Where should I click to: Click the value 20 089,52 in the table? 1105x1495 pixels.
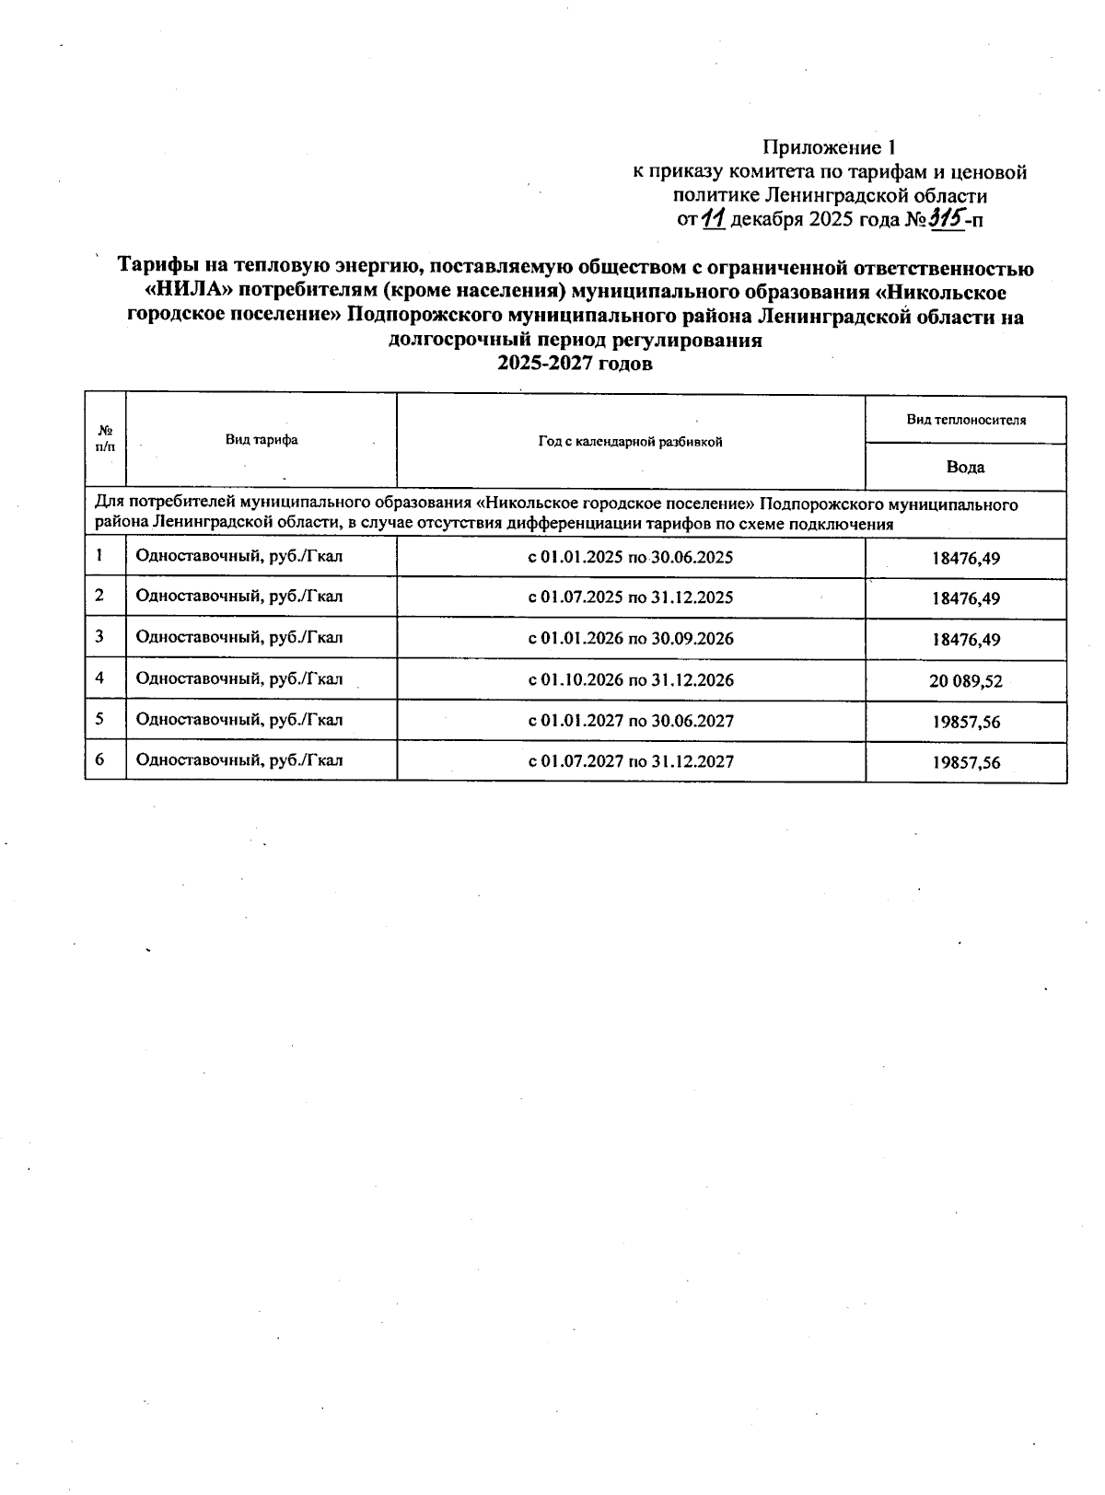[x=965, y=681]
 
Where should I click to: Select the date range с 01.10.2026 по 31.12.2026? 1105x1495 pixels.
[x=631, y=679]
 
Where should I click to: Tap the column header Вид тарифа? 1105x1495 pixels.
[x=262, y=440]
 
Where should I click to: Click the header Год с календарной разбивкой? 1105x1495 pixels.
[x=631, y=442]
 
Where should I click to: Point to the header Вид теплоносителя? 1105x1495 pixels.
[x=965, y=420]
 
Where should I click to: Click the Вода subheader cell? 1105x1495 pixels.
[x=965, y=467]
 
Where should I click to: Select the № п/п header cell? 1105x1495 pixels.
[x=105, y=439]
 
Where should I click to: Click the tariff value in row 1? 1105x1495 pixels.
[x=965, y=558]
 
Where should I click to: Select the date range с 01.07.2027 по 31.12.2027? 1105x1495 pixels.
[x=631, y=760]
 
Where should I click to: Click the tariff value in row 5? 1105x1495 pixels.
[x=965, y=723]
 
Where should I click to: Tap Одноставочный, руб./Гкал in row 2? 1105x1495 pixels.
[x=239, y=596]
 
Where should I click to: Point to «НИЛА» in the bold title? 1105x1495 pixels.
[x=186, y=293]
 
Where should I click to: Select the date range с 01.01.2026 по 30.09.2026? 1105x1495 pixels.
[x=631, y=638]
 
